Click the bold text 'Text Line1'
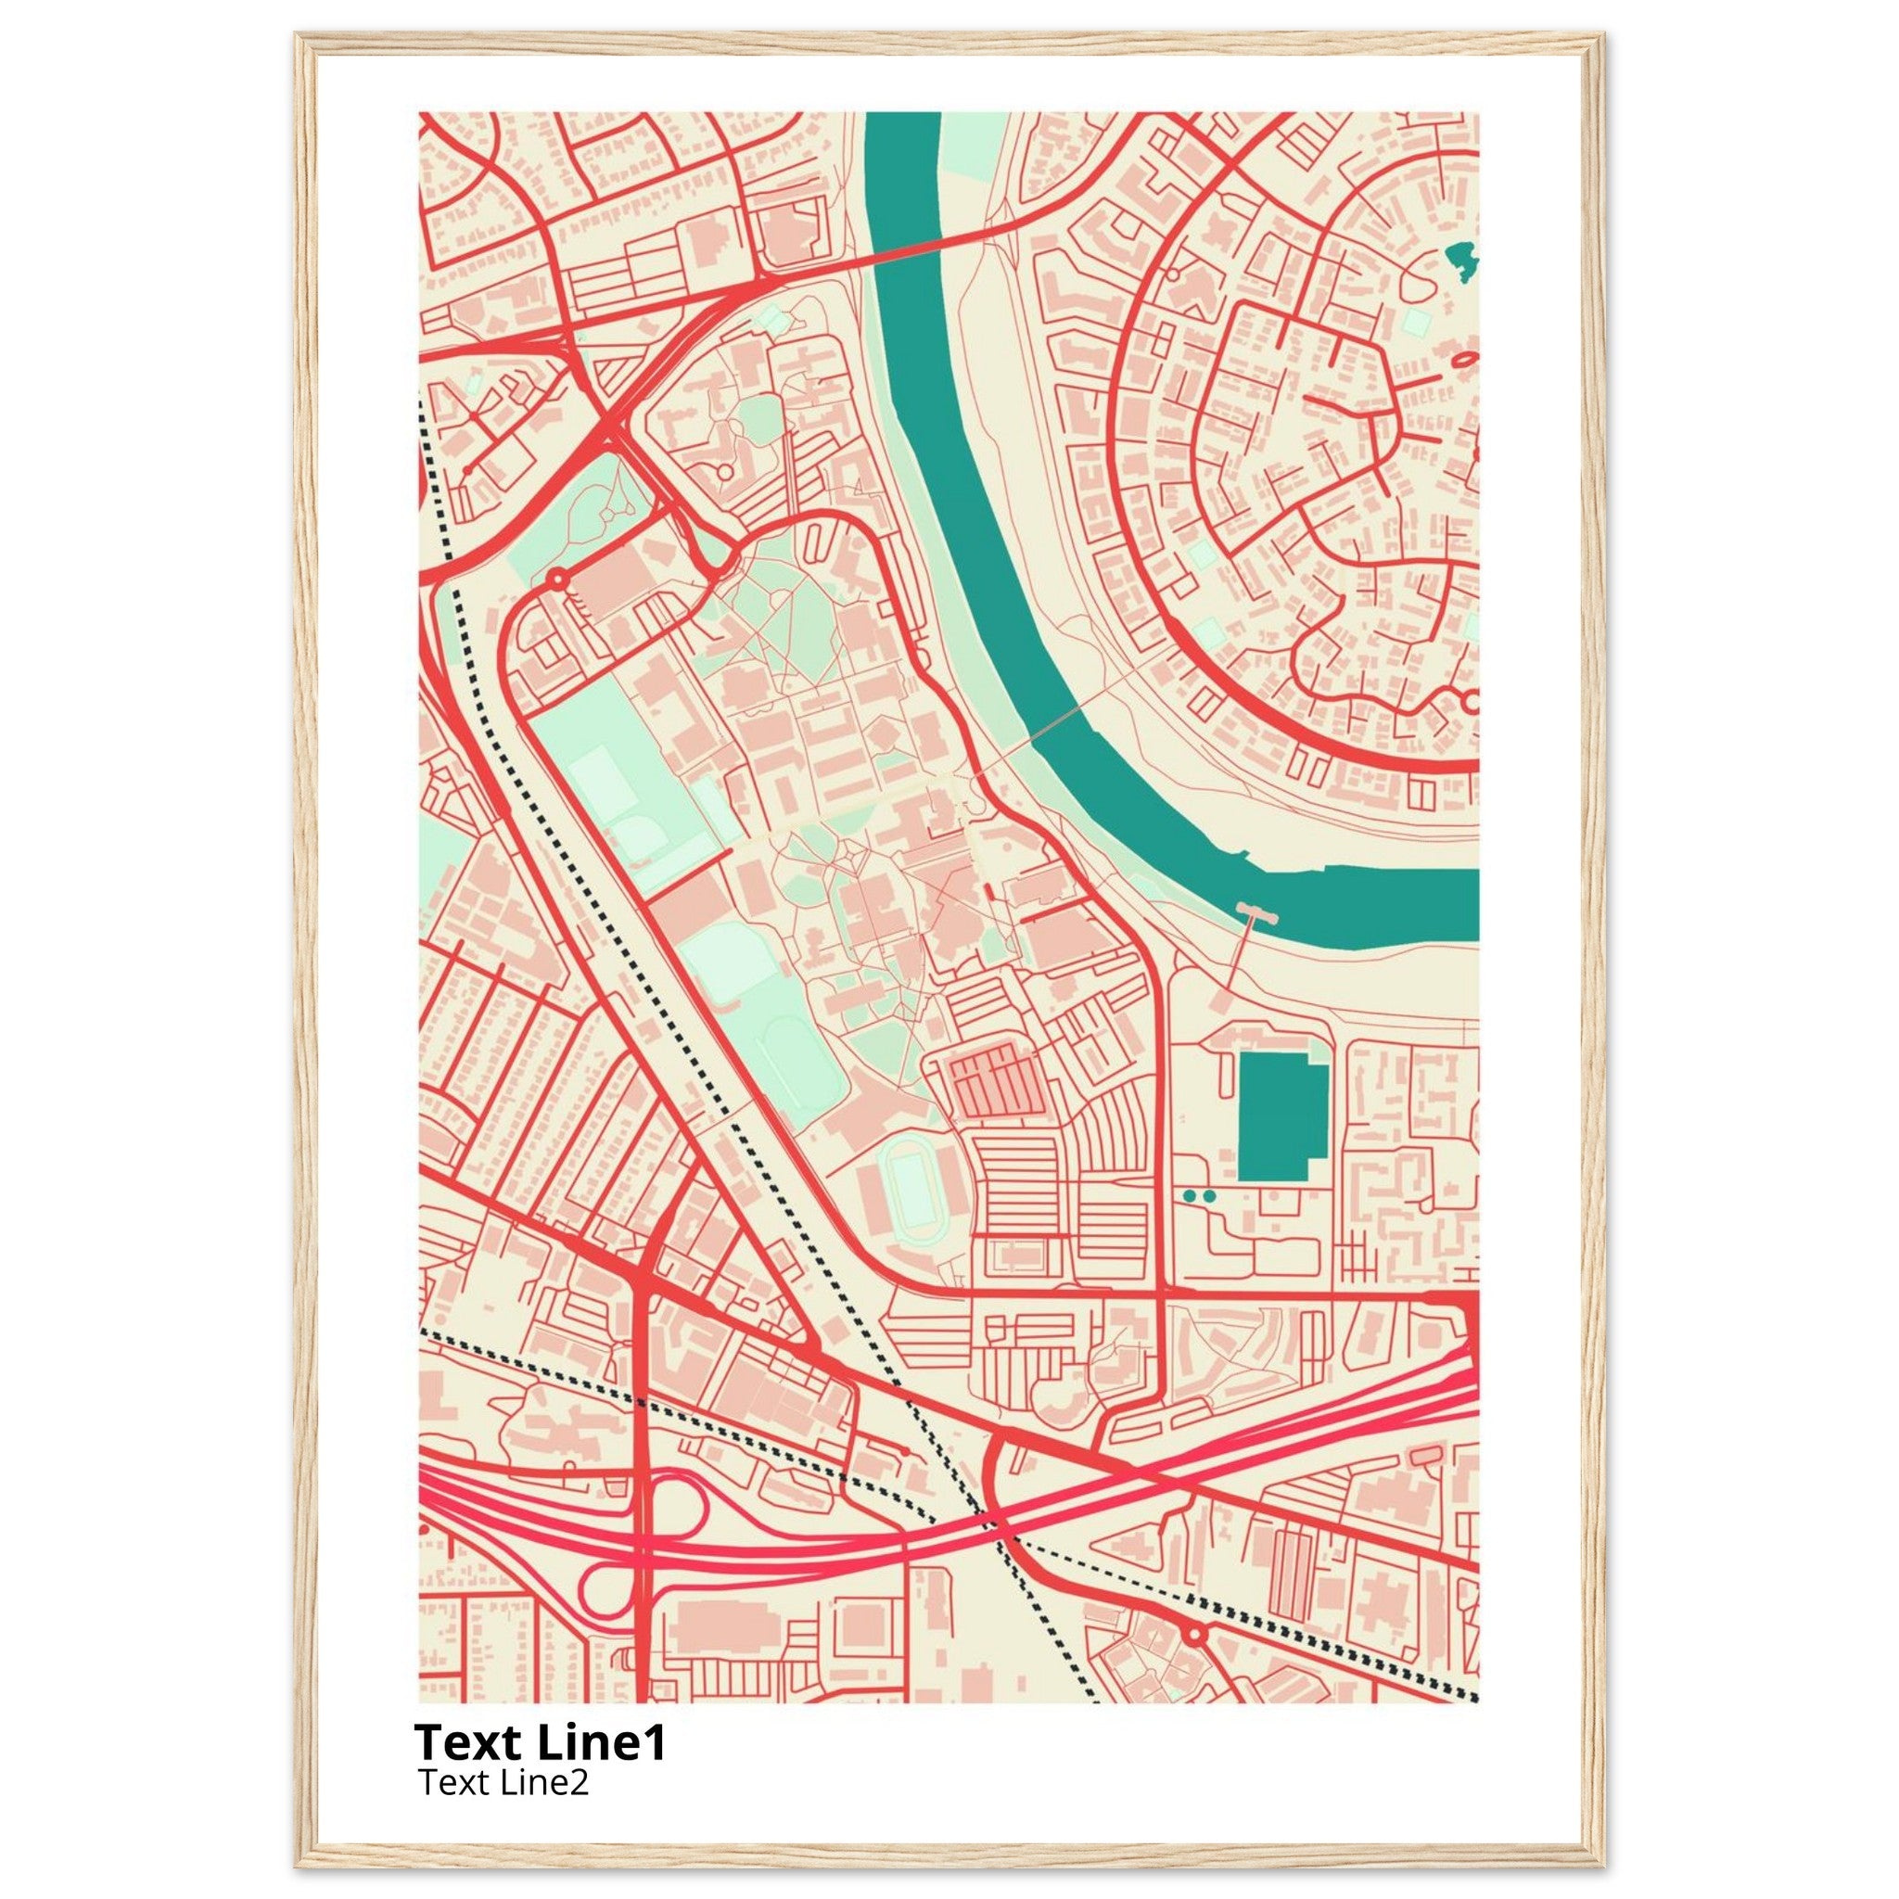(540, 1742)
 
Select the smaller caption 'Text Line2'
(503, 1781)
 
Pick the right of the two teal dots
(1209, 1195)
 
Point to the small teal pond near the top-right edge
(1462, 260)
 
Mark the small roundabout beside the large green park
(557, 579)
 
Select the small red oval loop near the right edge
(1462, 361)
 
